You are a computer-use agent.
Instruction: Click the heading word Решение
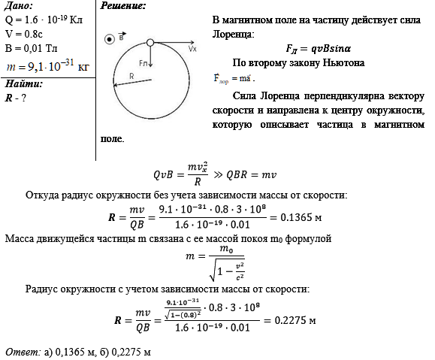(x=123, y=7)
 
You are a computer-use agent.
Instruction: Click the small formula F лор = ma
(x=234, y=78)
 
